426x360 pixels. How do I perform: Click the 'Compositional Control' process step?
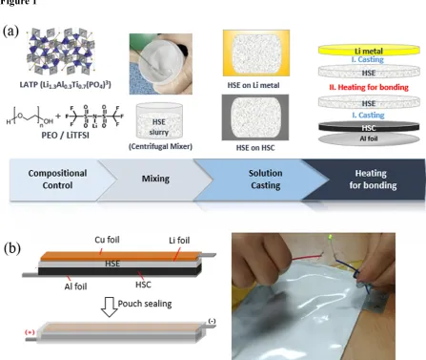point(57,180)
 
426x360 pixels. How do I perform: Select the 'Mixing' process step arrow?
point(155,180)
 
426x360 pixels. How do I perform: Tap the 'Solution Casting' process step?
point(265,180)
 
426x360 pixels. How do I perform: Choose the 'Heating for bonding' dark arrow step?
point(373,180)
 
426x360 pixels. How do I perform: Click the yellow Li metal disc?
point(369,51)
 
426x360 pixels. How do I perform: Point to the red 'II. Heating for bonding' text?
point(369,87)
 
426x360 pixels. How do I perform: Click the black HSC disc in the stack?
point(369,127)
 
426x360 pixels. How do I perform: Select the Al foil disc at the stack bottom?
point(369,138)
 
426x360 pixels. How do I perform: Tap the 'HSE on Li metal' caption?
point(254,85)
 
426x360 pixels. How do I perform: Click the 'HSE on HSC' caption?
point(255,148)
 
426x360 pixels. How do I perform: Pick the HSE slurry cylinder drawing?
point(159,120)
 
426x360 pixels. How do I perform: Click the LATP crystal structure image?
point(61,52)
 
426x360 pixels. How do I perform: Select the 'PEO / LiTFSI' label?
point(65,136)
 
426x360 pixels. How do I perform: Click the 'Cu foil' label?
point(107,240)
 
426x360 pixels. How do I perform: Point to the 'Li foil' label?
point(179,241)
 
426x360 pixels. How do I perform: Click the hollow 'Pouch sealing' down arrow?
point(110,307)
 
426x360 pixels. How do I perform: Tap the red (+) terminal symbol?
point(30,332)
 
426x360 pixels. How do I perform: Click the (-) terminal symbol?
point(212,321)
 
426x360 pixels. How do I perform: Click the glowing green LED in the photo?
point(331,237)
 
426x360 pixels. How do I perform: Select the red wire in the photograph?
point(307,257)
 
